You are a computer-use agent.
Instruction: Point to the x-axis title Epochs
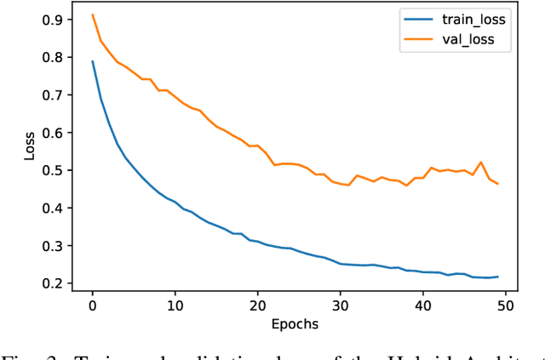click(294, 324)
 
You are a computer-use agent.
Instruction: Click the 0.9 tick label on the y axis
click(59, 20)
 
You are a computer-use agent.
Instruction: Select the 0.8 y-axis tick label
click(59, 57)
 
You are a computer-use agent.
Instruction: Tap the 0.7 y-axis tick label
click(59, 95)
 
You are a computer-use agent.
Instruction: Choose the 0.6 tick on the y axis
click(59, 133)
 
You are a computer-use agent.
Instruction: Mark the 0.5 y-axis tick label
click(59, 170)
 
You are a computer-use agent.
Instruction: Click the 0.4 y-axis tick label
click(59, 208)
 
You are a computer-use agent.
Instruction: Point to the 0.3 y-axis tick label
click(59, 246)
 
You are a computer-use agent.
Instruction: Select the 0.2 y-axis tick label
click(59, 283)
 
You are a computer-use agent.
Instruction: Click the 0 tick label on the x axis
click(93, 304)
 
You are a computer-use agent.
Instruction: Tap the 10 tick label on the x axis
click(175, 304)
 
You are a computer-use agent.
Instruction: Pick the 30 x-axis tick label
click(341, 304)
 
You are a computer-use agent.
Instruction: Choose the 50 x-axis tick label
click(506, 304)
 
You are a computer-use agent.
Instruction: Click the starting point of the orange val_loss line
click(93, 14)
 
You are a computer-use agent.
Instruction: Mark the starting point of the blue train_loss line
click(93, 61)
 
